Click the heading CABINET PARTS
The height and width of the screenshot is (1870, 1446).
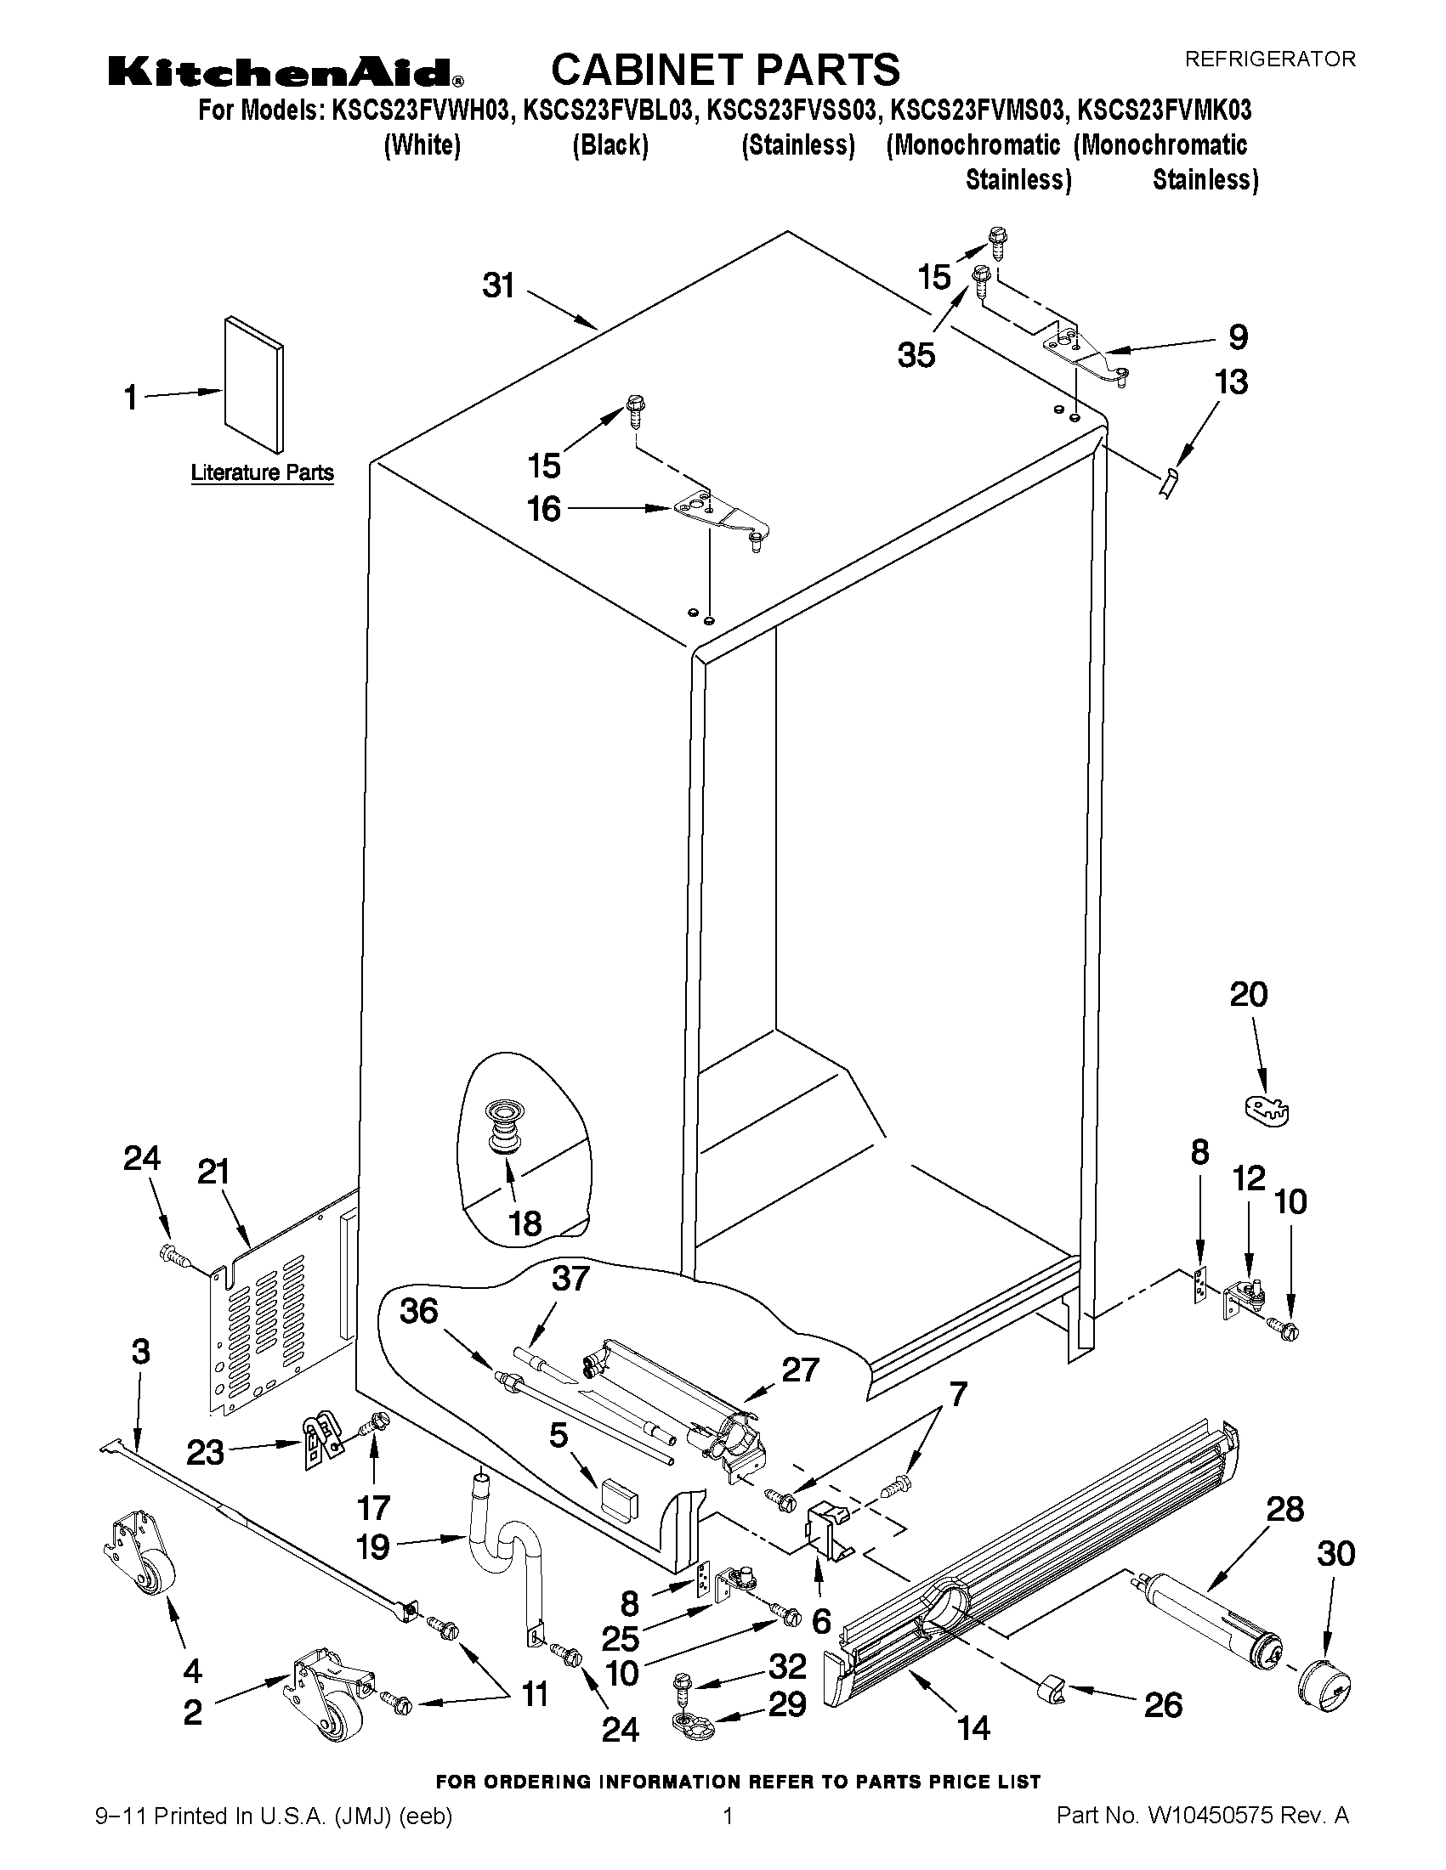click(725, 70)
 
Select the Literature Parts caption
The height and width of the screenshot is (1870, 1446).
click(261, 472)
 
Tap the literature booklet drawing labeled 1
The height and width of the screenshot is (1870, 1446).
click(253, 383)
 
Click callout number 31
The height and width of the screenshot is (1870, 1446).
click(498, 285)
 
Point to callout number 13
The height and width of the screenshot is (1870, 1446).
click(1231, 381)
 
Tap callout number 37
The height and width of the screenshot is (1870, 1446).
click(570, 1279)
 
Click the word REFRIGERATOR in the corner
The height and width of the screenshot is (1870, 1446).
click(1269, 59)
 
